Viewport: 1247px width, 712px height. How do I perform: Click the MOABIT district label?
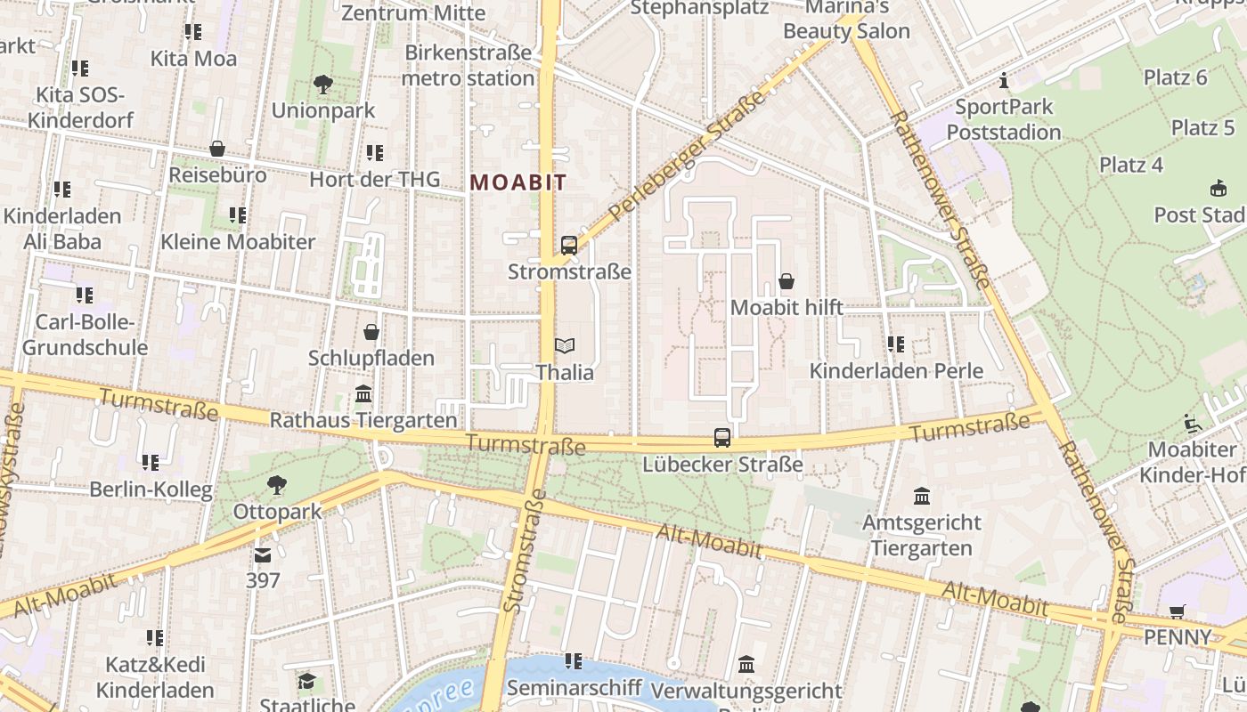[518, 182]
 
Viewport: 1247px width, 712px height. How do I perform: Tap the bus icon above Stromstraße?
[569, 245]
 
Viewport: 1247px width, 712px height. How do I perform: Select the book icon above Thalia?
[565, 345]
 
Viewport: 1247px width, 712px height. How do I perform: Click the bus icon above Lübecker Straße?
[722, 438]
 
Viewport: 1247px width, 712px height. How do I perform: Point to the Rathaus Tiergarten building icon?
[363, 394]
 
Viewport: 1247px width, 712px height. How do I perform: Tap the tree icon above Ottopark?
[277, 485]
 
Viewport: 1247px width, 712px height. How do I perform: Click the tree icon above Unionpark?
[323, 85]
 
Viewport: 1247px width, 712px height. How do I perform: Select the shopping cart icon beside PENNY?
[1178, 611]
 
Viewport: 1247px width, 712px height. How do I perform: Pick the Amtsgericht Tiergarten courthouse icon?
[922, 496]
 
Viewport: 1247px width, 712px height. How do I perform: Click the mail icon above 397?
[263, 555]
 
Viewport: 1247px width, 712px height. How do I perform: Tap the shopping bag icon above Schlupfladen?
[371, 332]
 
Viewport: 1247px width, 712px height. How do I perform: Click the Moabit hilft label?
[787, 308]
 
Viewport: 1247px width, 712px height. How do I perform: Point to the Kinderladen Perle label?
[896, 371]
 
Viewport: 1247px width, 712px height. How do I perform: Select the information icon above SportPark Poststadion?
[1005, 81]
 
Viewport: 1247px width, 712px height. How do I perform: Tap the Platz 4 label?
[1131, 165]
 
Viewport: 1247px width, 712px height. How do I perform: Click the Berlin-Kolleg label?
[151, 489]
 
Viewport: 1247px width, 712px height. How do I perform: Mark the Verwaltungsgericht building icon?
[746, 665]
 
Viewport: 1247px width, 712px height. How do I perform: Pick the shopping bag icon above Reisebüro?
[217, 149]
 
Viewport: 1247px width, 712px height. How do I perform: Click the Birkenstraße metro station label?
[468, 65]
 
